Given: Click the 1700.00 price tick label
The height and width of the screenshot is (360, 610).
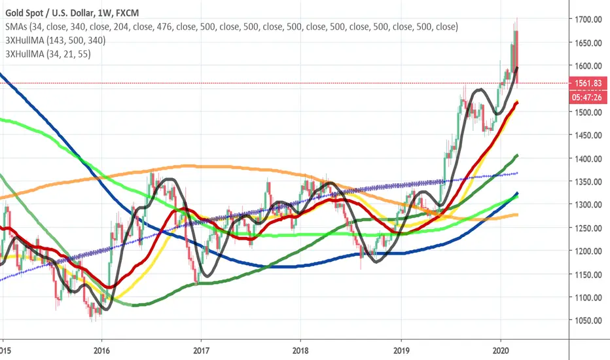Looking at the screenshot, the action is (x=588, y=19).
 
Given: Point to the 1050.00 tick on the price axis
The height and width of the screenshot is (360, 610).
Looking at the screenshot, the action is (x=588, y=321).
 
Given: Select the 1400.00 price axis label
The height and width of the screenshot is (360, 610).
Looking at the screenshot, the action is (x=588, y=159).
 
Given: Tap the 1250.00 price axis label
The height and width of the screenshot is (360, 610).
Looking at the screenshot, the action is (x=588, y=228).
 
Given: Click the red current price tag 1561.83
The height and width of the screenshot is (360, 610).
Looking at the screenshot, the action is (x=588, y=83).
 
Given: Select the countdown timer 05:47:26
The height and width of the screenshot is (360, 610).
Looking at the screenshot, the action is (x=588, y=97).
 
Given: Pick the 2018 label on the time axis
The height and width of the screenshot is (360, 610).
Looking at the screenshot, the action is (x=300, y=351).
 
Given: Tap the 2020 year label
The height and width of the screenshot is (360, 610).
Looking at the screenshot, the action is (x=501, y=351).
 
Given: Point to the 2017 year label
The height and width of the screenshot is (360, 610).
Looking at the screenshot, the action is (x=201, y=351).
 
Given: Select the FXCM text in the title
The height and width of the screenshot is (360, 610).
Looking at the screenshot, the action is (x=127, y=13).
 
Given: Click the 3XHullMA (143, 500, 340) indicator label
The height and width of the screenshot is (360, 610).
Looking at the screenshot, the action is (x=56, y=41).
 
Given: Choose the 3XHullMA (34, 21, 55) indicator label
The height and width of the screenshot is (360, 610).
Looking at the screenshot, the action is (x=48, y=54).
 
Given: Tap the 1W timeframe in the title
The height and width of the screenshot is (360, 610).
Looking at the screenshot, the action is (x=105, y=13).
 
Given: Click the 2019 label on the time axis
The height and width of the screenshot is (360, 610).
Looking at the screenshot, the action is (x=401, y=351).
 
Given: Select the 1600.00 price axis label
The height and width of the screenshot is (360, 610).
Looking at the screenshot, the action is (x=588, y=65).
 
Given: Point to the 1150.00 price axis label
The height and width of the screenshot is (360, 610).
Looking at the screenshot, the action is (x=588, y=274).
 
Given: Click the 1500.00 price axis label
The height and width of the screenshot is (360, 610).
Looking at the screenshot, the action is (x=588, y=112).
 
